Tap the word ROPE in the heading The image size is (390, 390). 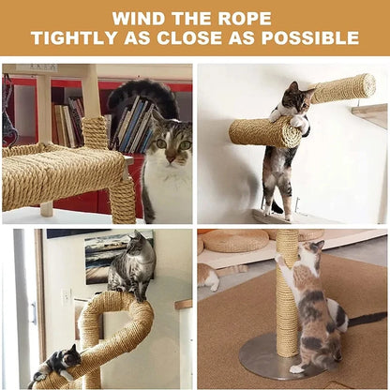tap(244, 18)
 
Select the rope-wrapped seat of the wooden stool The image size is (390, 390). tap(61, 173)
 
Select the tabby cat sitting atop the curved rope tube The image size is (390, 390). tap(131, 268)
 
